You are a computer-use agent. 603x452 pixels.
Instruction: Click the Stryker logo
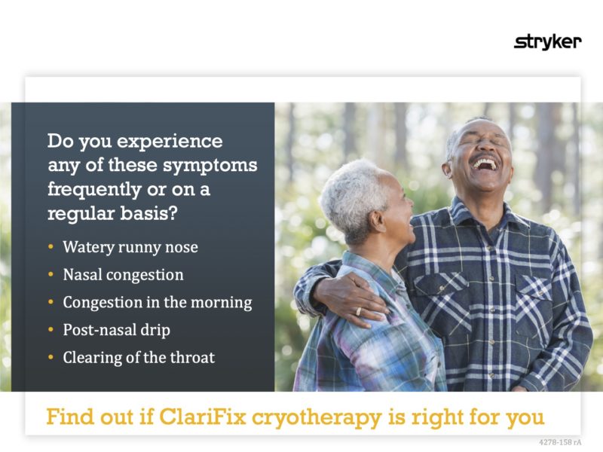pyautogui.click(x=547, y=42)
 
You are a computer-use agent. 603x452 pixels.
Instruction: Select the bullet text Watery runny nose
pyautogui.click(x=130, y=247)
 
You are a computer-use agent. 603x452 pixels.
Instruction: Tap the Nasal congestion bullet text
pyautogui.click(x=123, y=275)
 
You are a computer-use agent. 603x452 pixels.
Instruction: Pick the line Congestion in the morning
pyautogui.click(x=157, y=303)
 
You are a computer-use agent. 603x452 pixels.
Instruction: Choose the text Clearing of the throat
pyautogui.click(x=139, y=357)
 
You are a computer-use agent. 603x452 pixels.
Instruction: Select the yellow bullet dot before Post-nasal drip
pyautogui.click(x=51, y=330)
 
